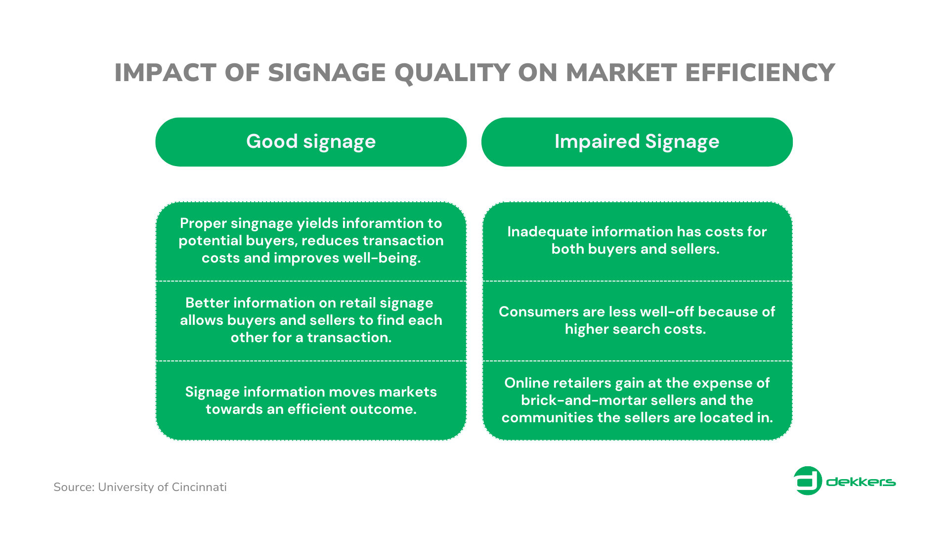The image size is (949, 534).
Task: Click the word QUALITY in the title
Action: (x=452, y=73)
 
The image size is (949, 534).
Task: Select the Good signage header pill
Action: (x=311, y=142)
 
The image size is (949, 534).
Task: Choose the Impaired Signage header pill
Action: (x=637, y=142)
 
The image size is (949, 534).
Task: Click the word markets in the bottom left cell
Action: (x=407, y=392)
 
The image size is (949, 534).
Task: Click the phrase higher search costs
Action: (x=636, y=329)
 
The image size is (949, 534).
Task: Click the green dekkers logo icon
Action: (x=808, y=481)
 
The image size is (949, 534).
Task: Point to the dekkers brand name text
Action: (x=861, y=482)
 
